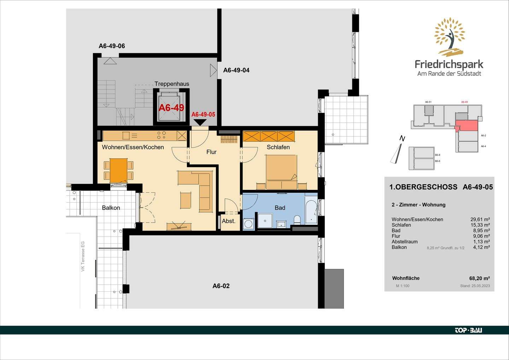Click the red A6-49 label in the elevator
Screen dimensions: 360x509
pos(171,108)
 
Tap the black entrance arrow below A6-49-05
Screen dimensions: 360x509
pos(200,122)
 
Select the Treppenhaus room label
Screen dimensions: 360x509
pos(172,84)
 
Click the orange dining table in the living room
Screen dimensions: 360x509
pos(118,170)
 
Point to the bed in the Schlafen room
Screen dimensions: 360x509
pos(281,172)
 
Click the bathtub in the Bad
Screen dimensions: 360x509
pos(311,211)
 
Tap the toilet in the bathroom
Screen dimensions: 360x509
pos(297,220)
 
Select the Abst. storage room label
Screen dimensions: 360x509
pos(228,221)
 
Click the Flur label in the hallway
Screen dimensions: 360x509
pos(211,152)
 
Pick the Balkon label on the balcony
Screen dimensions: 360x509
pos(111,208)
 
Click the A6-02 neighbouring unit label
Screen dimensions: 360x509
pos(221,286)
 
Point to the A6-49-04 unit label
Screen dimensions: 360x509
pos(236,70)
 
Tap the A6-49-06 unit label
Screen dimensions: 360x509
pos(112,46)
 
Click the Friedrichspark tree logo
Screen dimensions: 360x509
pos(449,37)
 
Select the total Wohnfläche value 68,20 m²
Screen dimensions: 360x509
pos(479,278)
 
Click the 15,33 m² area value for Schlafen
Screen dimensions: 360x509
pos(481,225)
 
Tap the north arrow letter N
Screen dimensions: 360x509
pos(402,139)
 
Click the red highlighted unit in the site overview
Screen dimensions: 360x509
pos(466,125)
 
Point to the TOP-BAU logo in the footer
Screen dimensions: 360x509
pos(468,330)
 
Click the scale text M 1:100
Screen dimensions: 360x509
pos(403,286)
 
